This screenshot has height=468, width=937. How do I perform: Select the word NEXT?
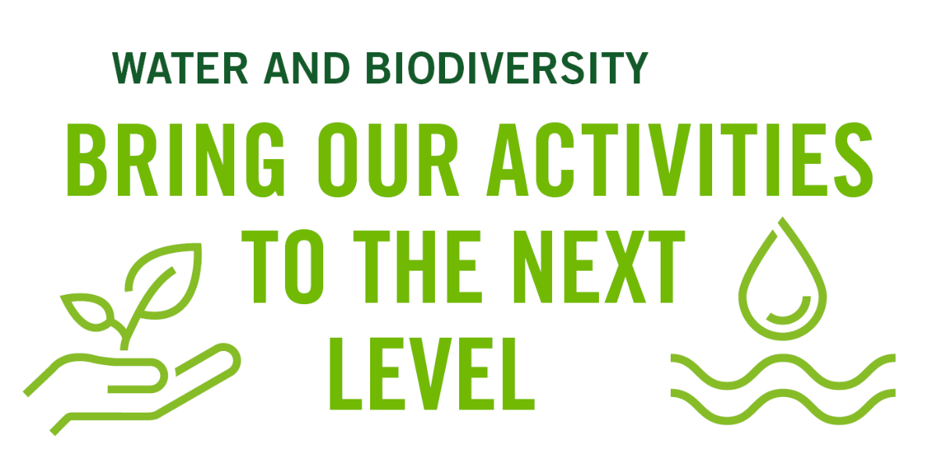coord(601,268)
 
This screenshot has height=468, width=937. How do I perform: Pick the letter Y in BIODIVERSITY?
coord(635,69)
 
